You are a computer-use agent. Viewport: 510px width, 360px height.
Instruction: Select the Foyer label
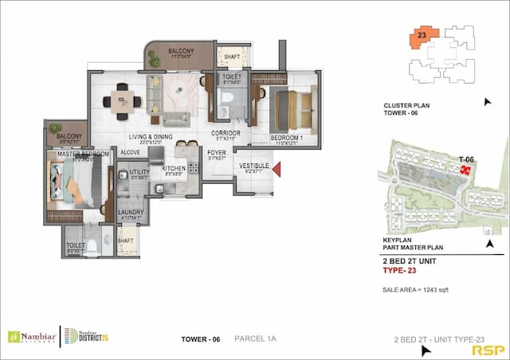click(217, 151)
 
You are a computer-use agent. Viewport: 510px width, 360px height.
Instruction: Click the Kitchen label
click(174, 168)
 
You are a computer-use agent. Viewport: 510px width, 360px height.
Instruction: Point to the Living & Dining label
click(151, 136)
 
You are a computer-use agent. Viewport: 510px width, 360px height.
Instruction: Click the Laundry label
click(131, 212)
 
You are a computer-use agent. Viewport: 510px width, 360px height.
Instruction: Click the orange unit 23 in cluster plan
click(422, 37)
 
